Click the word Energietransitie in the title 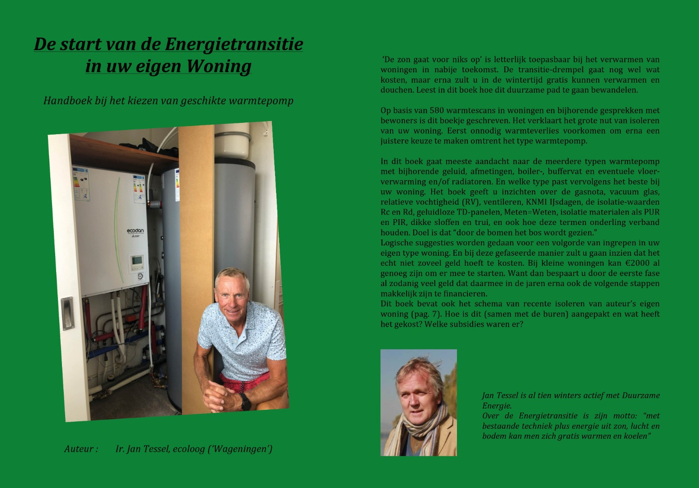click(x=233, y=45)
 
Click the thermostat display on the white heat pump click(x=136, y=261)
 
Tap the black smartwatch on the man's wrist click(x=245, y=401)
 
